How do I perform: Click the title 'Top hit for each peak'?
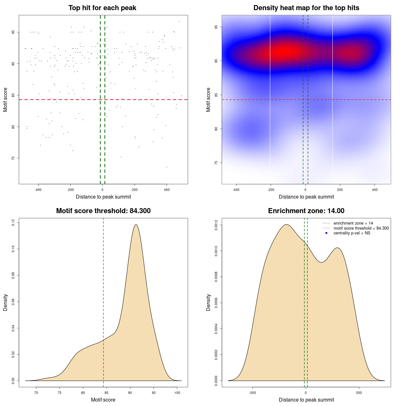click(102, 8)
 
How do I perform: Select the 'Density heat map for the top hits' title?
click(306, 8)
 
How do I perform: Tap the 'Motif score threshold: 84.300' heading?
click(103, 211)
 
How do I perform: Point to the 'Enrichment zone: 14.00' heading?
click(306, 211)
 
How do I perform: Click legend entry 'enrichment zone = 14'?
click(353, 223)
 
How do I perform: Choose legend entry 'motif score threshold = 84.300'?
click(361, 228)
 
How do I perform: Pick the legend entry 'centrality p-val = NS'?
click(352, 233)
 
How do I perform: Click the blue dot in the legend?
click(326, 233)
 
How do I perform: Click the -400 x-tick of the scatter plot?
click(38, 190)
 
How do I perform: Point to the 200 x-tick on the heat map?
click(340, 190)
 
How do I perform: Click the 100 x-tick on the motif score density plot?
click(177, 393)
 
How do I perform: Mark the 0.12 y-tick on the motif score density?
click(13, 223)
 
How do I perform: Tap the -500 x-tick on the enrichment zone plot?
click(252, 393)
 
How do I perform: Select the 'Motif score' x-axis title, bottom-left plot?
click(103, 400)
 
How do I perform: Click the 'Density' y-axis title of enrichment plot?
click(208, 302)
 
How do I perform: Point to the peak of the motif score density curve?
click(136, 225)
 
